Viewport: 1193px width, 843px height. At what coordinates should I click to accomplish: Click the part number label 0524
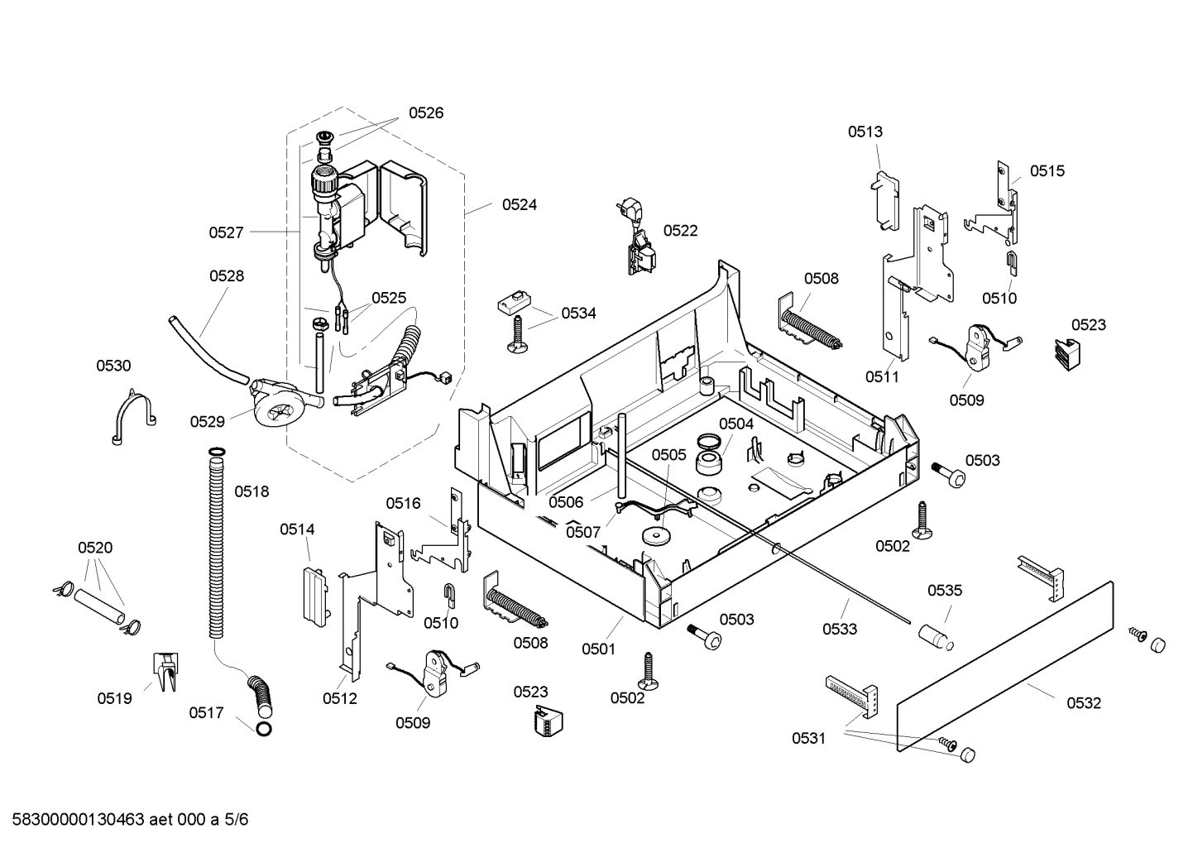[x=520, y=204]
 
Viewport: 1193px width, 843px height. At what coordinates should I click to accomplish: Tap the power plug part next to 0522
[x=636, y=236]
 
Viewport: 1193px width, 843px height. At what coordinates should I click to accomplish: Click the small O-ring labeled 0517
[x=264, y=729]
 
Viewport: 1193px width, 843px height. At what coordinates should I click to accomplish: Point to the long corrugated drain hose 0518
[x=216, y=544]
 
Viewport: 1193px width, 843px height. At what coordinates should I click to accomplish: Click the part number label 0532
[x=1084, y=703]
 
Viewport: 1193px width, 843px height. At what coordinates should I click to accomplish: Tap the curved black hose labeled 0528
[x=208, y=351]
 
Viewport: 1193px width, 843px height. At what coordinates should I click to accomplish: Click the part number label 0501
[x=599, y=649]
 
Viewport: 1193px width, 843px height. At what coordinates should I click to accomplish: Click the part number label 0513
[x=865, y=132]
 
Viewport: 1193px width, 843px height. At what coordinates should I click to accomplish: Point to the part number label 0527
[x=227, y=232]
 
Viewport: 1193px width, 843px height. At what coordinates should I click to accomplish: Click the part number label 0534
[x=578, y=314]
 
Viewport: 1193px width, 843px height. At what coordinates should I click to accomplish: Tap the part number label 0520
[x=95, y=548]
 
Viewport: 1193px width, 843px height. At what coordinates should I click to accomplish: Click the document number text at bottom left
[x=130, y=819]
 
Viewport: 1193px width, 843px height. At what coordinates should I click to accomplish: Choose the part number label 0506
[x=566, y=502]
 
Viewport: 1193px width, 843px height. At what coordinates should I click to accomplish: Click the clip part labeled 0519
[x=166, y=672]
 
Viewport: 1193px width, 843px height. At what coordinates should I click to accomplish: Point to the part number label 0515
[x=1047, y=171]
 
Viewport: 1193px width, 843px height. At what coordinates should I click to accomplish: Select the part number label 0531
[x=808, y=738]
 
